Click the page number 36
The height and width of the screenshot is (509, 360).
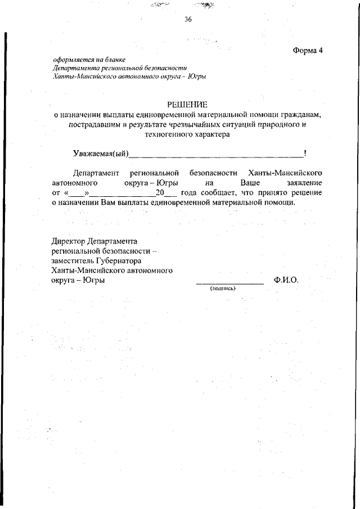188,20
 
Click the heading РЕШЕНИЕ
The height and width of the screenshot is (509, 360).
187,105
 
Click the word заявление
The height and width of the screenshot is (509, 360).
301,183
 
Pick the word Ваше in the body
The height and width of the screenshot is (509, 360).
250,183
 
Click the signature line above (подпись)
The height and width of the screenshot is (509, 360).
229,283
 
